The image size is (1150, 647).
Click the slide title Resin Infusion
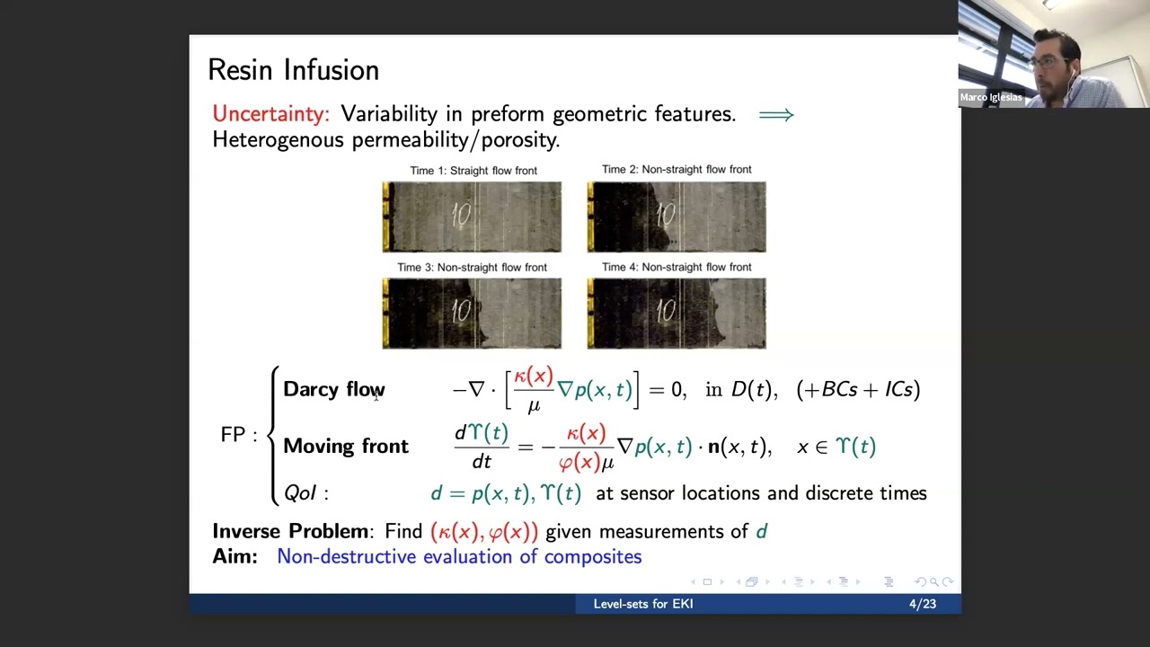[293, 70]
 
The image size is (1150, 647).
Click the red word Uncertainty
[270, 114]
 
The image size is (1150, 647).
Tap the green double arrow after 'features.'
[776, 115]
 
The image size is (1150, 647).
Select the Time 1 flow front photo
[472, 217]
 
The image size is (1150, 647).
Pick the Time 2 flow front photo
[677, 217]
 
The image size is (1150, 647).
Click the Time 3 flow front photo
[472, 313]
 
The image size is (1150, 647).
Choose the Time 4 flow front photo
[677, 313]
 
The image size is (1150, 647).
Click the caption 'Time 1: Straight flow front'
[473, 171]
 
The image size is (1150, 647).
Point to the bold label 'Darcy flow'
[333, 389]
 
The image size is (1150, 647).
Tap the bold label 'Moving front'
[345, 447]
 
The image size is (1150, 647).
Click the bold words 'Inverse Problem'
[290, 531]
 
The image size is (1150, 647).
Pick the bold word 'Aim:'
[234, 557]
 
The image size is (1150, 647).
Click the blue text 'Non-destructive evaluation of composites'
[459, 557]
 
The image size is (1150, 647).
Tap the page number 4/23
[922, 604]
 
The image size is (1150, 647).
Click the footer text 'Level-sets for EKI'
[642, 604]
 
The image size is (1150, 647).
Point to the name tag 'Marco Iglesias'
[991, 97]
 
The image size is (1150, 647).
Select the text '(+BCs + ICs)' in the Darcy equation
[858, 389]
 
